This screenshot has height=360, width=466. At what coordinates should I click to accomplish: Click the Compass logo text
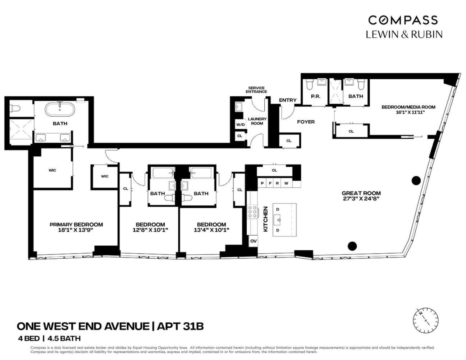click(403, 20)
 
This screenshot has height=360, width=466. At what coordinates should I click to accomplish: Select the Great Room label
click(361, 193)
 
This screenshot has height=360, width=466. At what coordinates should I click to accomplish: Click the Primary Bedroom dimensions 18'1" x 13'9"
click(76, 230)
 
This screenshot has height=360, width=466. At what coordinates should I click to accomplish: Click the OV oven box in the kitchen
click(253, 241)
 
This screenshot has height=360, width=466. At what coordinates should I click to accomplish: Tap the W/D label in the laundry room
click(240, 125)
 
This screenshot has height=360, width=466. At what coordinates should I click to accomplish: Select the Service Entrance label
click(256, 90)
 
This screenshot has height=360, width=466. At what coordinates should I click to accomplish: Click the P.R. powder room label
click(315, 96)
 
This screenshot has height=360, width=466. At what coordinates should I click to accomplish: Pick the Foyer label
click(306, 122)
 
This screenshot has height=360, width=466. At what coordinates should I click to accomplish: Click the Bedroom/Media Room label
click(408, 107)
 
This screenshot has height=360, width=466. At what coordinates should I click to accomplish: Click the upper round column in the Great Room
click(416, 180)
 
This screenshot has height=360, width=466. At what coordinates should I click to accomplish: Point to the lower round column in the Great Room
click(352, 246)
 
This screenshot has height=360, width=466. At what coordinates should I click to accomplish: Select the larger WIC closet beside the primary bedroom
click(52, 170)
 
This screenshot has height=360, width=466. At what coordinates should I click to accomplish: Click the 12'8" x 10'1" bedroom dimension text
click(150, 230)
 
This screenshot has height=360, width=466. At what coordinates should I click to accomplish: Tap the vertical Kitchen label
click(266, 219)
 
